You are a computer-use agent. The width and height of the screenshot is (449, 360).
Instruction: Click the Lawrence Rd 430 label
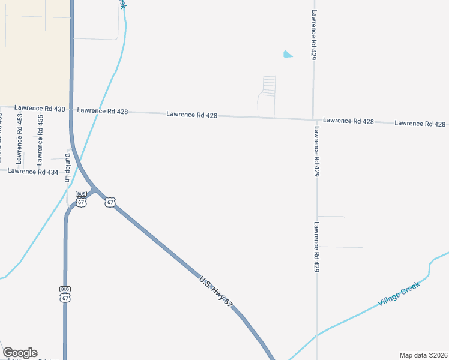coord(40,109)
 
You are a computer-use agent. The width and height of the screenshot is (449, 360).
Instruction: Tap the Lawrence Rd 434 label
coord(33,172)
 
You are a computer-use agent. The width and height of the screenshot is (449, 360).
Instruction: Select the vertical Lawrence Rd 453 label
coord(20,139)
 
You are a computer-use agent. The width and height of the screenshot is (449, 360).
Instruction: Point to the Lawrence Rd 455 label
coord(40,139)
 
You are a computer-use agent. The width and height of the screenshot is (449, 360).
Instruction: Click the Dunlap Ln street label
coord(68,168)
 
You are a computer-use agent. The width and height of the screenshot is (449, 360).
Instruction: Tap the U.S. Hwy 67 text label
coord(215,292)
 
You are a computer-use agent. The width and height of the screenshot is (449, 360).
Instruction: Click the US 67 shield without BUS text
coord(110,202)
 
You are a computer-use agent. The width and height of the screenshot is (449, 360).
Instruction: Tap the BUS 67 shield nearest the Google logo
coord(65,293)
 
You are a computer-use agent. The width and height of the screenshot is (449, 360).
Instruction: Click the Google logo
coord(20,353)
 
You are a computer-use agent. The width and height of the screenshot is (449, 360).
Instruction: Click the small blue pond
coord(288,55)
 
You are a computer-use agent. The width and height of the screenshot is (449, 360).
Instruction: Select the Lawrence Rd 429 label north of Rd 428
coord(313,34)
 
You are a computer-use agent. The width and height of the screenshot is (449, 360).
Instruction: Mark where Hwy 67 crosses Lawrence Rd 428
coord(71,110)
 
